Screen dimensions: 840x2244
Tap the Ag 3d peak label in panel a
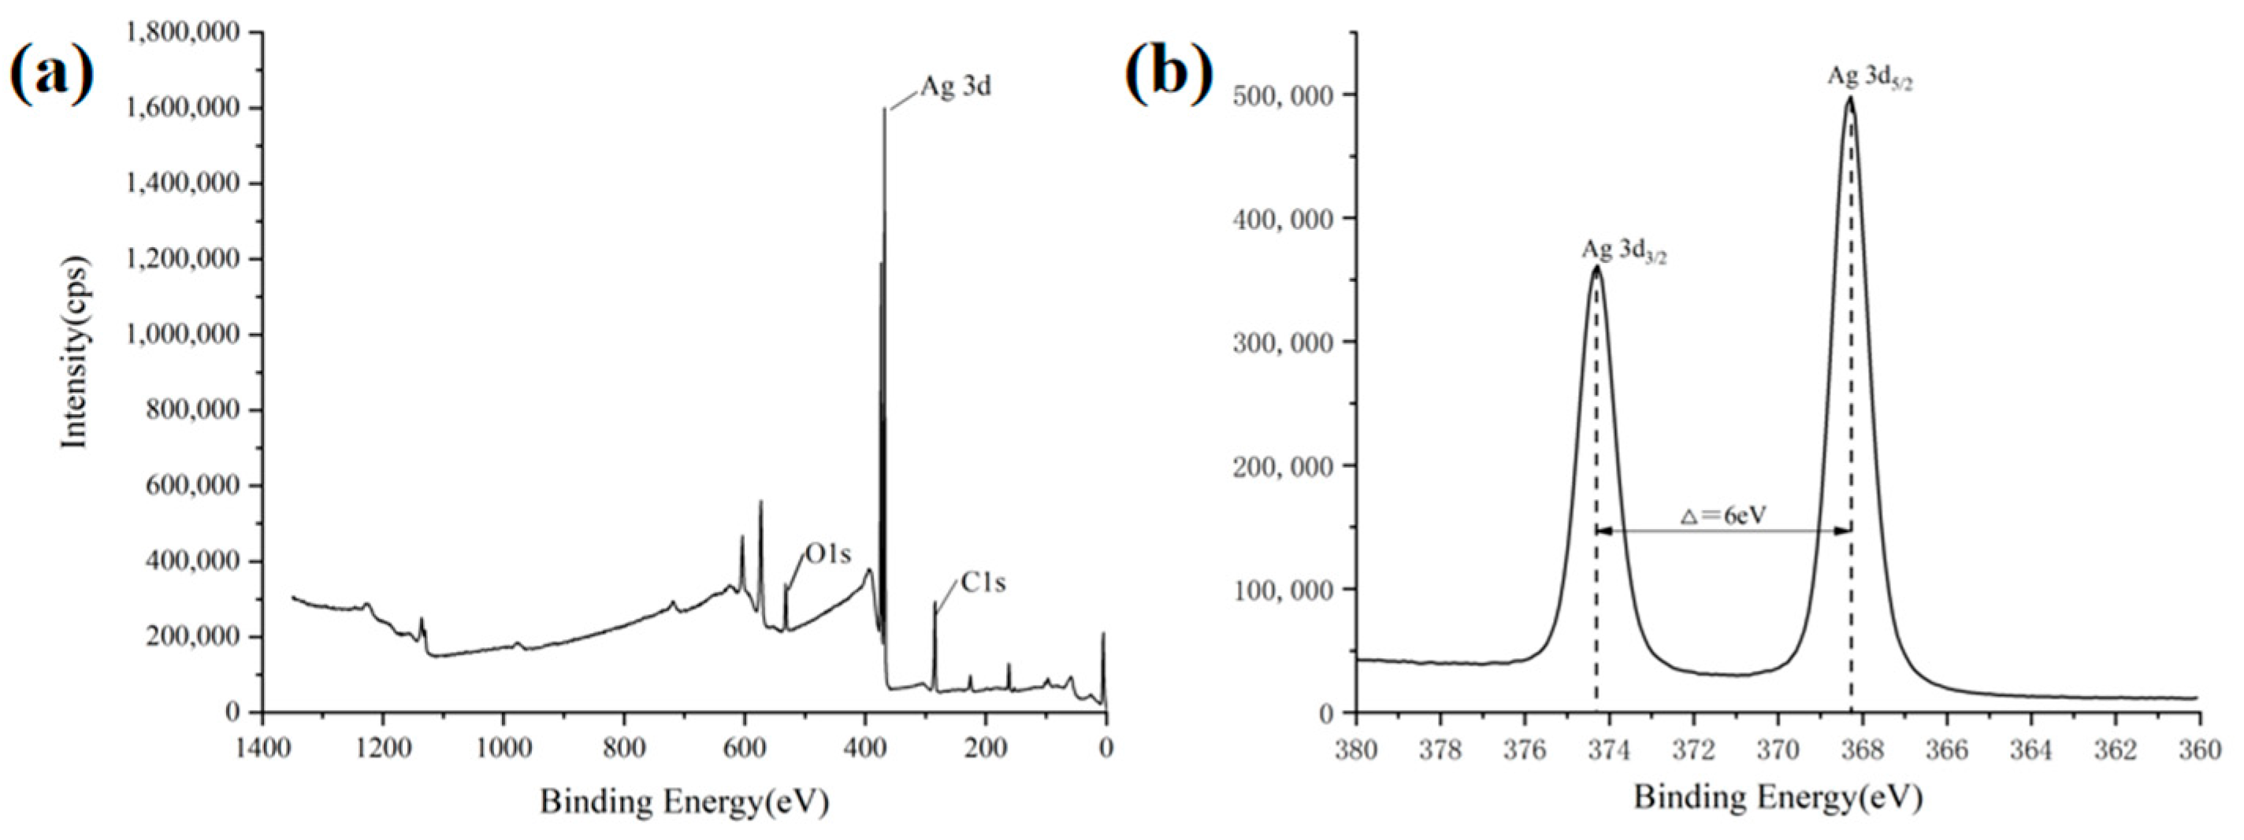pyautogui.click(x=956, y=88)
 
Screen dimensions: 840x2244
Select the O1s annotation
pyautogui.click(x=827, y=553)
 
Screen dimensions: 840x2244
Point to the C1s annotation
pyautogui.click(x=983, y=583)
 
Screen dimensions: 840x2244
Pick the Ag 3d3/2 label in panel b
pyautogui.click(x=1625, y=252)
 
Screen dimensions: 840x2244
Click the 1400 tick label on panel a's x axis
pyautogui.click(x=262, y=749)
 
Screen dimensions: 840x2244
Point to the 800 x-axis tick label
pyautogui.click(x=624, y=749)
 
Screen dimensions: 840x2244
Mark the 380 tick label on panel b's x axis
pyautogui.click(x=1355, y=749)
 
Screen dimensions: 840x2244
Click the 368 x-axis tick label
pyautogui.click(x=1862, y=749)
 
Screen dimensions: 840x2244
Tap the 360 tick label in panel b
pyautogui.click(x=2200, y=749)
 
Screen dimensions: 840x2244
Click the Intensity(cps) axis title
pyautogui.click(x=76, y=353)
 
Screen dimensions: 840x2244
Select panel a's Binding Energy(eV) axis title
pyautogui.click(x=684, y=801)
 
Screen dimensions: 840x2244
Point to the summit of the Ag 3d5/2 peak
pyautogui.click(x=1849, y=121)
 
